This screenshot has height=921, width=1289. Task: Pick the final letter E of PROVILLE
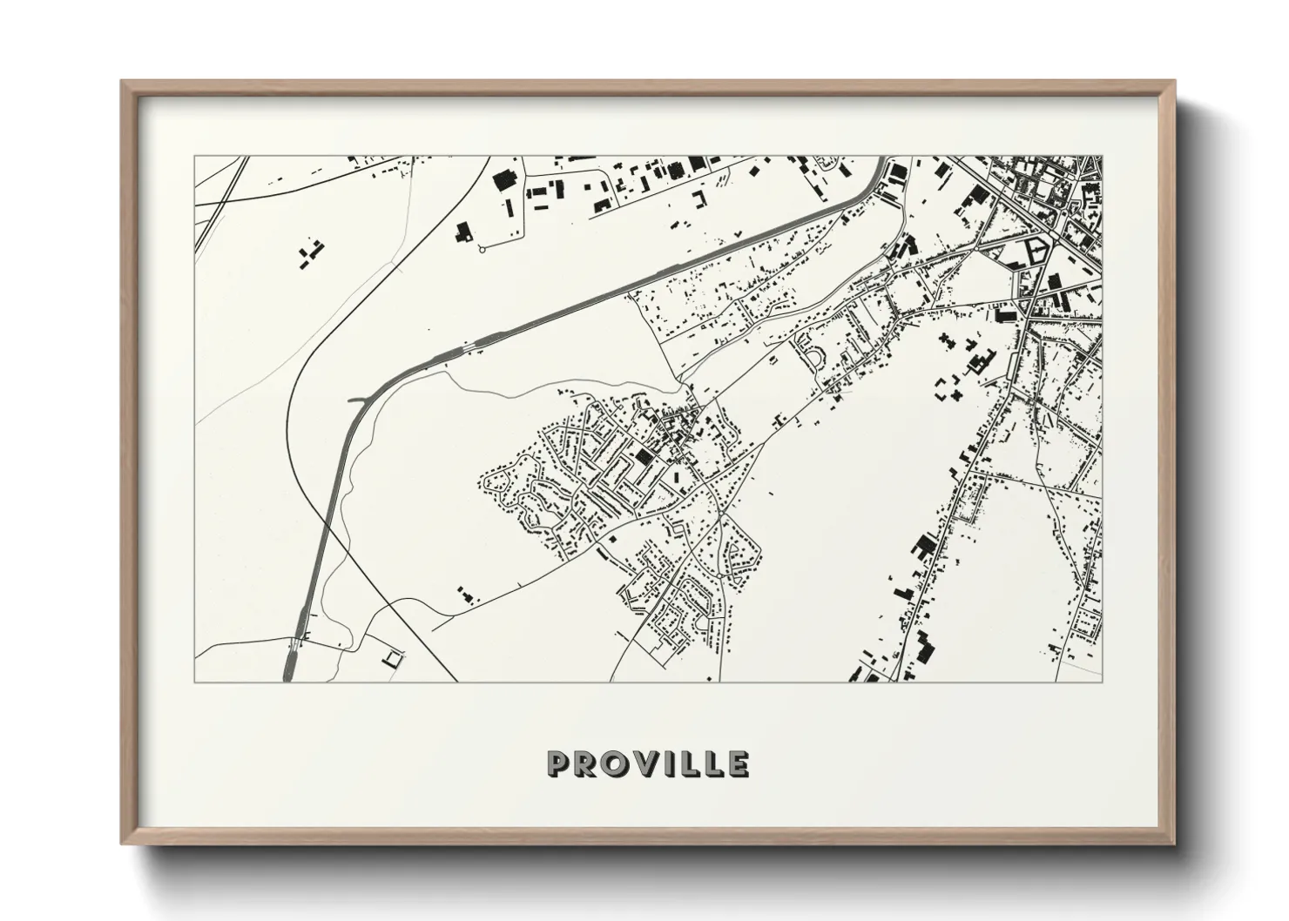[x=738, y=763]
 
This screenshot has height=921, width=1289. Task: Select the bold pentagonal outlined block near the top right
[x=1036, y=250]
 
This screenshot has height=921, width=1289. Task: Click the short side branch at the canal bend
[x=357, y=400]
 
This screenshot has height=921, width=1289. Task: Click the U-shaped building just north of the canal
[x=698, y=199]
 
